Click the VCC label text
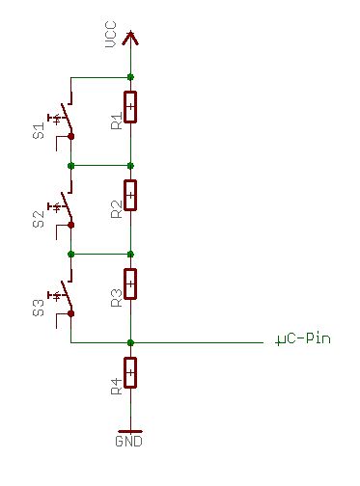pyautogui.click(x=111, y=34)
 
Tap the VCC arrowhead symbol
pyautogui.click(x=130, y=38)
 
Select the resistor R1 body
pyautogui.click(x=130, y=107)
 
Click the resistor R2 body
pyautogui.click(x=130, y=196)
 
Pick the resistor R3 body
pyautogui.click(x=130, y=284)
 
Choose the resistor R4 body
pyautogui.click(x=130, y=372)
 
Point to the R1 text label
pyautogui.click(x=117, y=121)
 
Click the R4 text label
pyautogui.click(x=117, y=386)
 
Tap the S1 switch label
pyautogui.click(x=39, y=131)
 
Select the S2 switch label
pyautogui.click(x=39, y=219)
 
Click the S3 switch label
pyautogui.click(x=39, y=308)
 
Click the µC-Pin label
pyautogui.click(x=303, y=339)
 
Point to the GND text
pyautogui.click(x=128, y=441)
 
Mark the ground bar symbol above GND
pyautogui.click(x=130, y=431)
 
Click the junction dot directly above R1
pyautogui.click(x=130, y=77)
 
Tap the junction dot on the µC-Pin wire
pyautogui.click(x=130, y=342)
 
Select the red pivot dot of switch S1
pyautogui.click(x=71, y=137)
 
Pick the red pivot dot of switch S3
pyautogui.click(x=71, y=313)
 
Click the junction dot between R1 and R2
pyautogui.click(x=130, y=166)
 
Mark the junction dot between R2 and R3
pyautogui.click(x=130, y=255)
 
